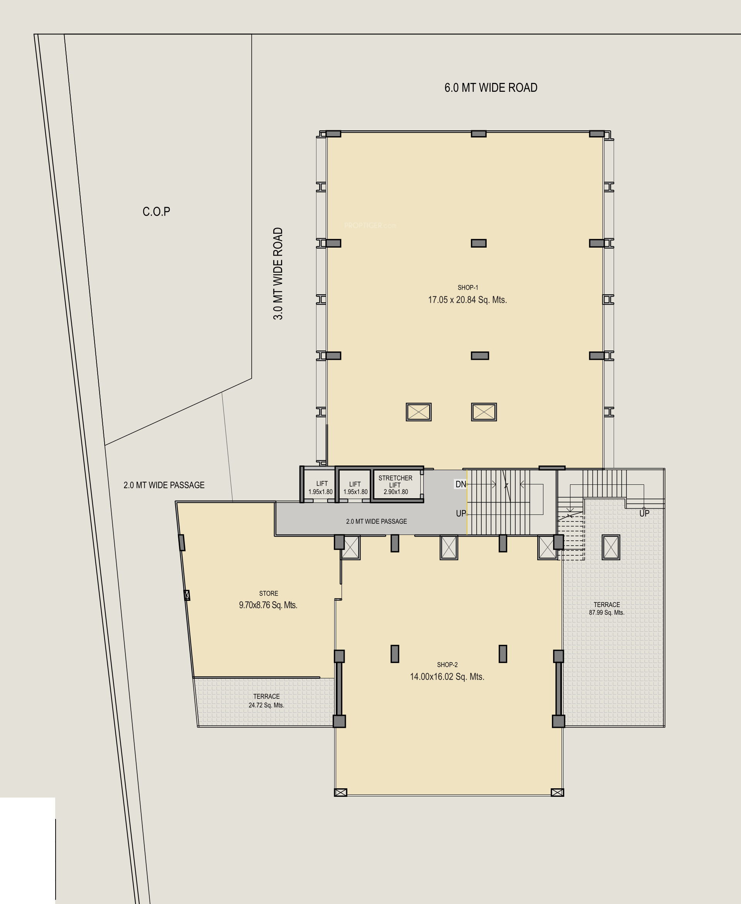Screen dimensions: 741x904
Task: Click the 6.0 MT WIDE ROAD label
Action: (x=491, y=88)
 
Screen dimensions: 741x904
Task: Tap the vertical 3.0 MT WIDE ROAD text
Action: (x=278, y=273)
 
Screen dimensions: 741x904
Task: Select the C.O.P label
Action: (x=156, y=212)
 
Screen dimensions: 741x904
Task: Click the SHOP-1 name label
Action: (x=468, y=288)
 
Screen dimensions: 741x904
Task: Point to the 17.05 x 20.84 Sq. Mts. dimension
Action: (x=467, y=300)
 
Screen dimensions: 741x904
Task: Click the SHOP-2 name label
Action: (x=447, y=665)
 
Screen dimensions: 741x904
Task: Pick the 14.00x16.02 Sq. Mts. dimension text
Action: (x=447, y=676)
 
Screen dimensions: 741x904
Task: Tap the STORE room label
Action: (x=269, y=594)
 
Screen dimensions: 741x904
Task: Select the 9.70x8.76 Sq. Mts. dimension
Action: (x=268, y=605)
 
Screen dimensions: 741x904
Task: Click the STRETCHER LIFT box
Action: (x=396, y=484)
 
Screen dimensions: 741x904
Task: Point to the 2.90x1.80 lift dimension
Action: (x=396, y=492)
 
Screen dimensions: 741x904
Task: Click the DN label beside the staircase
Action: (x=460, y=484)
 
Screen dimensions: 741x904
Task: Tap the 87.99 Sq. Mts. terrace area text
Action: (x=607, y=612)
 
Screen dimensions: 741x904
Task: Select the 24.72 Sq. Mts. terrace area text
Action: (x=266, y=705)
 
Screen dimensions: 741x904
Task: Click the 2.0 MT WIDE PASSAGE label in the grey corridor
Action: (x=376, y=521)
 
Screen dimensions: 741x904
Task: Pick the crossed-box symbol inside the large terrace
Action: (x=611, y=547)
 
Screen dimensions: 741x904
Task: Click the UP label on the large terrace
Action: (x=645, y=514)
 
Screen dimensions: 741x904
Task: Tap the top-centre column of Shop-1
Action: (x=479, y=134)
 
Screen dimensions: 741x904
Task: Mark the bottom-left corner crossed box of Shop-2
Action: (x=341, y=793)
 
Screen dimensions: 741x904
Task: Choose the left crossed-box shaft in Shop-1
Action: (x=419, y=412)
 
